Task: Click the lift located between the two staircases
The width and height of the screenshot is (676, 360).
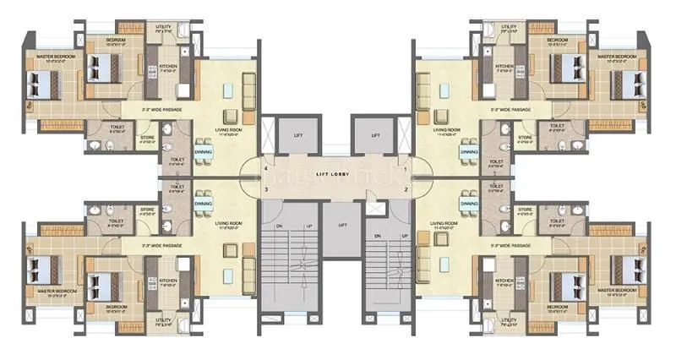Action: [x=342, y=226]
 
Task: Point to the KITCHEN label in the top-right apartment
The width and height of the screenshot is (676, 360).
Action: [x=504, y=67]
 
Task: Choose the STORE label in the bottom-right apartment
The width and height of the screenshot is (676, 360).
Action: [x=524, y=209]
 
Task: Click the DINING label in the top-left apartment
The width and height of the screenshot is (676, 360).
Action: [x=203, y=152]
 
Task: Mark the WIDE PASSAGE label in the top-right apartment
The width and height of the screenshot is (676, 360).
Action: [x=511, y=110]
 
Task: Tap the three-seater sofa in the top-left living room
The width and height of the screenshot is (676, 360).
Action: [x=248, y=89]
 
